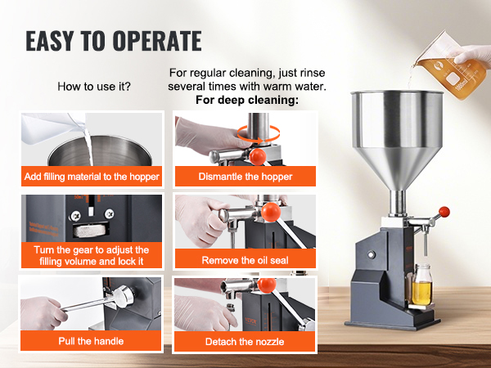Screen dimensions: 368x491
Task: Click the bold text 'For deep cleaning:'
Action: pyautogui.click(x=247, y=101)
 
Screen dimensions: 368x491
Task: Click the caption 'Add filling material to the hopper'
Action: pyautogui.click(x=91, y=176)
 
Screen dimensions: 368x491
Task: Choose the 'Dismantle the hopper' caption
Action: pyautogui.click(x=245, y=176)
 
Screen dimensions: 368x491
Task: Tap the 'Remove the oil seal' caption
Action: pyautogui.click(x=245, y=260)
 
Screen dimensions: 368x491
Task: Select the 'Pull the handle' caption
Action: pyautogui.click(x=91, y=340)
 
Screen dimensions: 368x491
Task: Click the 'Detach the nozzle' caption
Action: pyautogui.click(x=245, y=340)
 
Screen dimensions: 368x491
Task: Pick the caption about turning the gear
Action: pyautogui.click(x=91, y=255)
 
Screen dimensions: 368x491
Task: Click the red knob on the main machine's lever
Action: pyautogui.click(x=444, y=213)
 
